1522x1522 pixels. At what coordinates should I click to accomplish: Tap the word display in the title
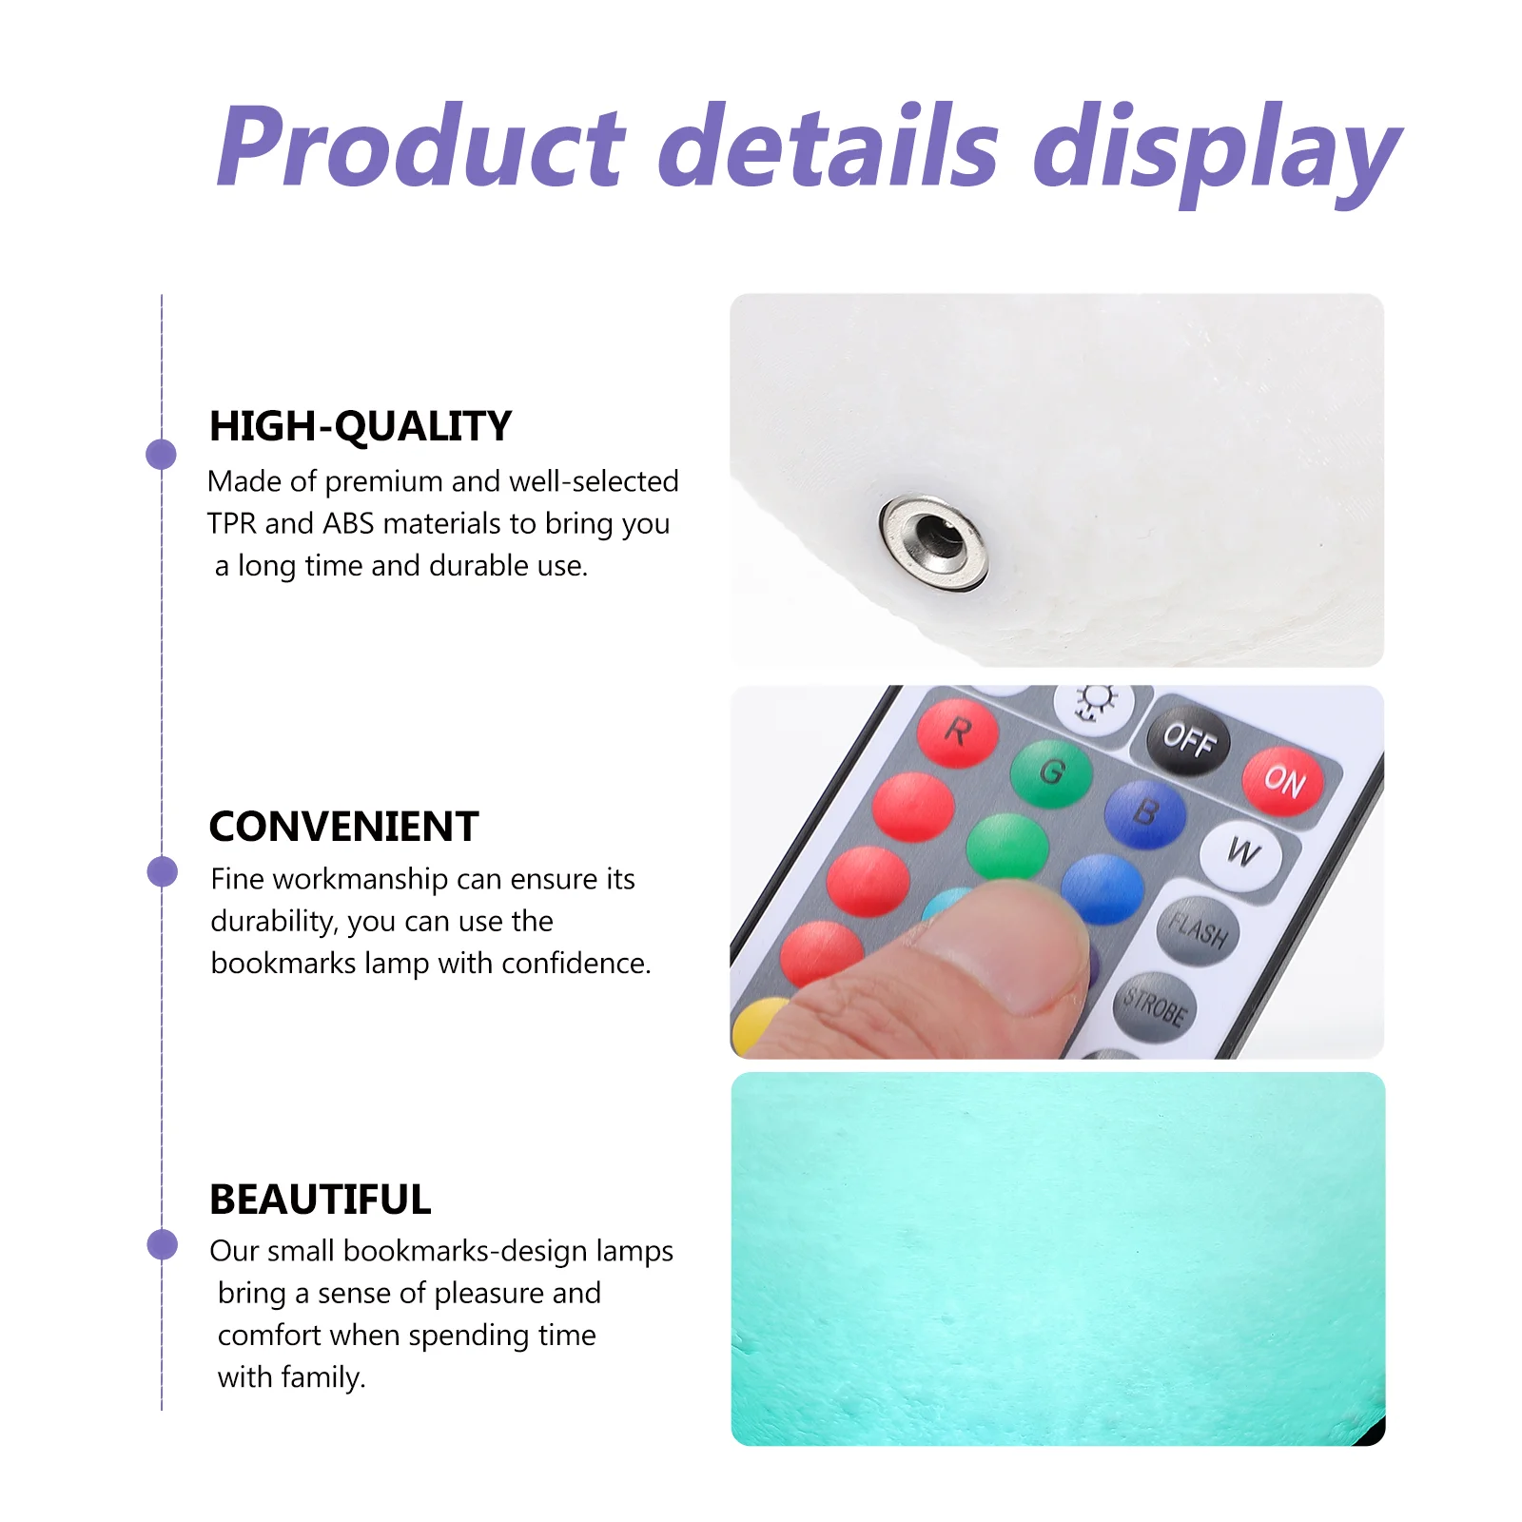[1218, 152]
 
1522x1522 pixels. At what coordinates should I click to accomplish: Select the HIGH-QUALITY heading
[361, 426]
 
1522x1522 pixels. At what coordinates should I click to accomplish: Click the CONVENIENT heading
[343, 827]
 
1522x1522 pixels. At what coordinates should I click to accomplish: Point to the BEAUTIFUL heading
[321, 1200]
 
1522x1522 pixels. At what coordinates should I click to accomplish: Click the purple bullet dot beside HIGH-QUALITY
[162, 455]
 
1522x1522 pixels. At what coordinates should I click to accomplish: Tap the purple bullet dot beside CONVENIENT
[162, 871]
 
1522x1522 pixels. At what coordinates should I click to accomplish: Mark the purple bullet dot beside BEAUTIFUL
[162, 1244]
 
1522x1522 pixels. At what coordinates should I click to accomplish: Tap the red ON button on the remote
[1283, 781]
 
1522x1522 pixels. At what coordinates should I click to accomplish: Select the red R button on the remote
[958, 733]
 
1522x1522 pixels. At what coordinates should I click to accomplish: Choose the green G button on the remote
[1051, 773]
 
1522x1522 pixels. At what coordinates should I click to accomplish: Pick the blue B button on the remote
[1146, 814]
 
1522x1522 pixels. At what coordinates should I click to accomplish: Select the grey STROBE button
[1155, 1006]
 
